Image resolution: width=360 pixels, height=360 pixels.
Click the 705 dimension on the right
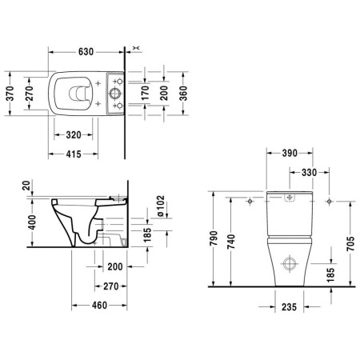350,240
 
